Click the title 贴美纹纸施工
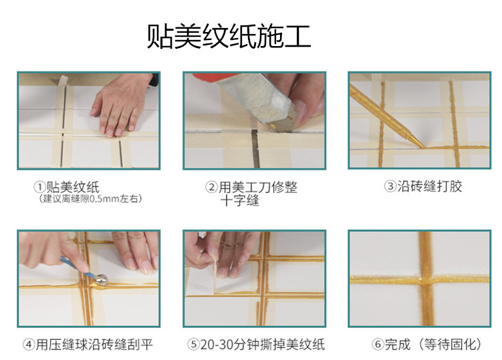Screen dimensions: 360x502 click(x=229, y=37)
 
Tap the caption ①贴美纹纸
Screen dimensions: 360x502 click(x=66, y=187)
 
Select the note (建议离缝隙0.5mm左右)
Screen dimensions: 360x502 click(x=90, y=198)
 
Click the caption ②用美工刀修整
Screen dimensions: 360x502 click(x=251, y=188)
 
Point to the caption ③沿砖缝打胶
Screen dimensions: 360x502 click(x=422, y=186)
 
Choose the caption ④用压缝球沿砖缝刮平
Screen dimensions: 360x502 click(x=88, y=345)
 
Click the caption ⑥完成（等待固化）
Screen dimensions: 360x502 click(x=426, y=345)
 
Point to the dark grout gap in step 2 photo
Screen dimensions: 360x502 click(x=255, y=149)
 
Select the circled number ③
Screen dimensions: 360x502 click(x=390, y=186)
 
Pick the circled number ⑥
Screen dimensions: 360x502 click(x=378, y=345)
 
